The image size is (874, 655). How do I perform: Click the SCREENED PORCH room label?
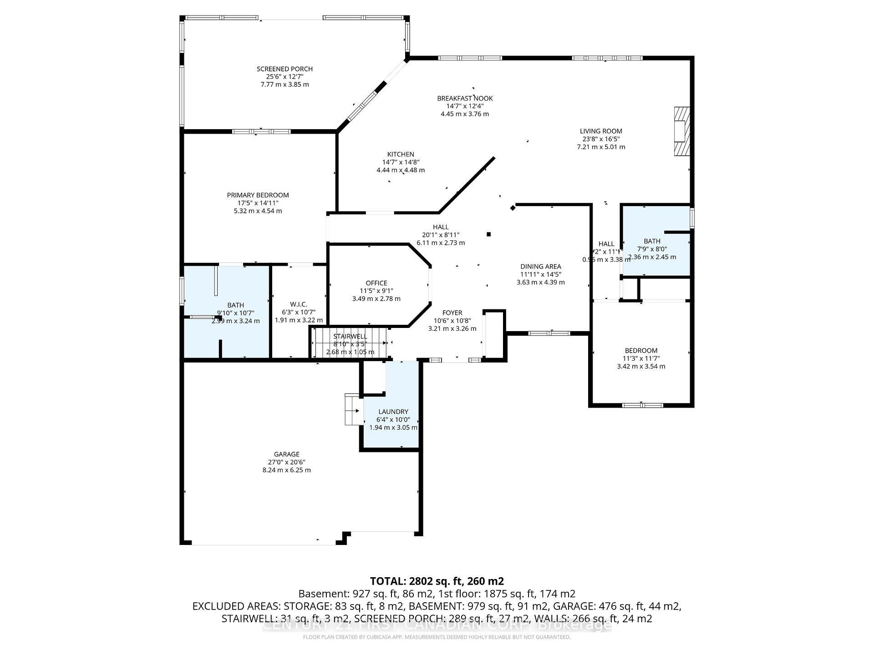[285, 69]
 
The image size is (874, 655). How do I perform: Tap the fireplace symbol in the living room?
[681, 131]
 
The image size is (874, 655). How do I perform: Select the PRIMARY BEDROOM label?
[258, 195]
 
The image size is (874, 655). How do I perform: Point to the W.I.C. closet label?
[298, 304]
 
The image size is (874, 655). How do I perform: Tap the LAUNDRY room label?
[393, 412]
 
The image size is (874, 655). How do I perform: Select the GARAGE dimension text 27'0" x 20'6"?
[286, 462]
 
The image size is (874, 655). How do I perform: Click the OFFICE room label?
[376, 283]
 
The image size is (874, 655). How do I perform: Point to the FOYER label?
[452, 313]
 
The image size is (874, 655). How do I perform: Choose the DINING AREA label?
[540, 267]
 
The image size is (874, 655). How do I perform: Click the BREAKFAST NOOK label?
[465, 98]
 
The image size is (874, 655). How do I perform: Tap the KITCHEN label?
[401, 154]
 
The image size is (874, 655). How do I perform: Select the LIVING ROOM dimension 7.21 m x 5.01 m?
[600, 147]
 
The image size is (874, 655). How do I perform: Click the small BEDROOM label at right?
[640, 351]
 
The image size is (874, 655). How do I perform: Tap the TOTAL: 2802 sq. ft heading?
[437, 581]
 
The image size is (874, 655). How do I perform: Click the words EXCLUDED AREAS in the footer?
[236, 606]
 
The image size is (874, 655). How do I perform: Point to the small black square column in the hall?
[489, 234]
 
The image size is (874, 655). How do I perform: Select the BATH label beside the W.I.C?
[235, 305]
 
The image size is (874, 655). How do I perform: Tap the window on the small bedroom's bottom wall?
[642, 405]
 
